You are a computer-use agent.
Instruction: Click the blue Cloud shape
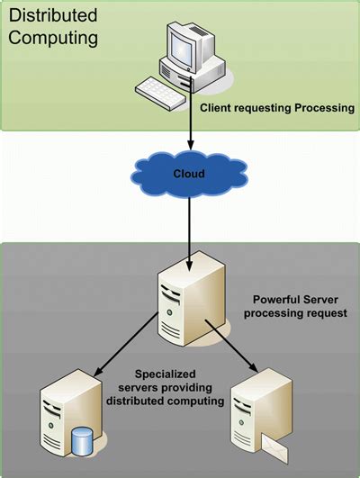(188, 174)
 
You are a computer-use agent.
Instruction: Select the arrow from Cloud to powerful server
(189, 225)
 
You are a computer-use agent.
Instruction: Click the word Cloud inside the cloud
(188, 174)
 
